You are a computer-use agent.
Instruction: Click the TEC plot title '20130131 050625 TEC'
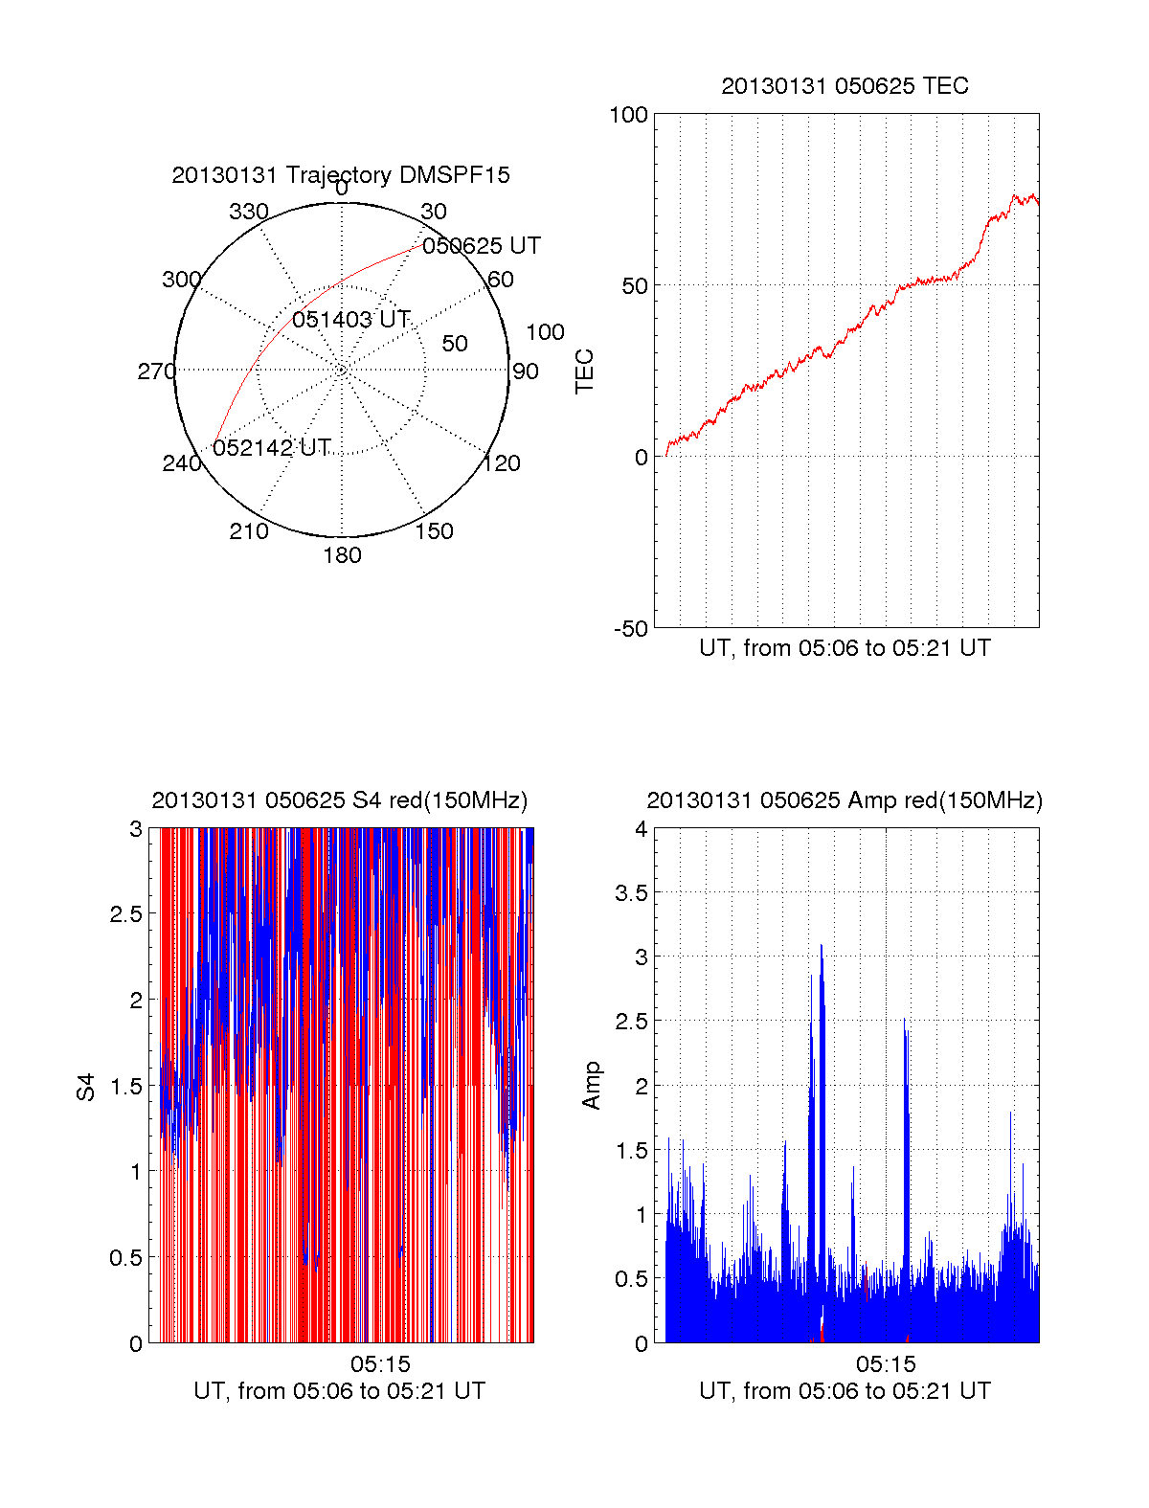click(845, 86)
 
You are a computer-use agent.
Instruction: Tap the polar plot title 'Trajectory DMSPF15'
click(397, 175)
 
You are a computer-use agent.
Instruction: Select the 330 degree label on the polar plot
click(249, 212)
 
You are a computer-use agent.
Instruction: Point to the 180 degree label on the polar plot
click(342, 555)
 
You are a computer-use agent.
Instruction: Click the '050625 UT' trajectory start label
click(482, 246)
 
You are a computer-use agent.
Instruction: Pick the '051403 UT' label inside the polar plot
click(351, 319)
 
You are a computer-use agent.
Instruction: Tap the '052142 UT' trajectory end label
click(272, 448)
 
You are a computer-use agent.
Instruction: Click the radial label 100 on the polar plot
click(545, 332)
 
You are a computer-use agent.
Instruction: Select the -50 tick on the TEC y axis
click(631, 629)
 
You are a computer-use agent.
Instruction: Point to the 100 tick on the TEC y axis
click(629, 115)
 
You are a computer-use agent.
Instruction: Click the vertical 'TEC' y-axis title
click(584, 371)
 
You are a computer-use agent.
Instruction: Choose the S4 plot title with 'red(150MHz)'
click(340, 800)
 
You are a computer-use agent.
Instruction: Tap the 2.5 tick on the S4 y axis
click(125, 914)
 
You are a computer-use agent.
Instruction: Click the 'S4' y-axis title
click(86, 1088)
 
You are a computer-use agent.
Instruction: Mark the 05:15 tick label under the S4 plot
click(380, 1364)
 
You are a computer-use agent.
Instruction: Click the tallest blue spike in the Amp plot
click(821, 948)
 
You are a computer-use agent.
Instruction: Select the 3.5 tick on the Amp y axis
click(631, 893)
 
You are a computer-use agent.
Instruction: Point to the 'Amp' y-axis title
click(592, 1085)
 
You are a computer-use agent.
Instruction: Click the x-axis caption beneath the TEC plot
click(845, 648)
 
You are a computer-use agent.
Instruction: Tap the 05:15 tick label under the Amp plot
click(886, 1364)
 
